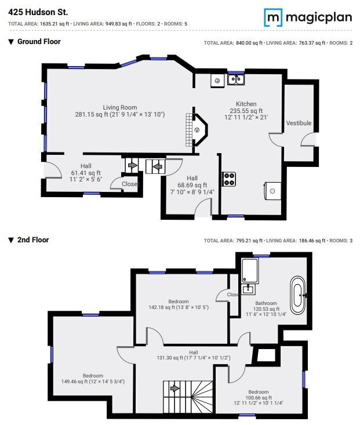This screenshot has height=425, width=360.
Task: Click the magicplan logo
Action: [x=308, y=17]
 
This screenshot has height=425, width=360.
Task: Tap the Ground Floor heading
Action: [x=39, y=42]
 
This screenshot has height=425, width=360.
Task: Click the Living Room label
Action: [x=119, y=107]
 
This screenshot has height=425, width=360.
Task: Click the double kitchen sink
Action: [x=236, y=79]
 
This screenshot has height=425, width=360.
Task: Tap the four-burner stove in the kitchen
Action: [x=229, y=179]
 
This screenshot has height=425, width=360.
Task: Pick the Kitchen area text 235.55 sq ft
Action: [x=246, y=111]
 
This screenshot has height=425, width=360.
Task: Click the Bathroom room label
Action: [x=266, y=303]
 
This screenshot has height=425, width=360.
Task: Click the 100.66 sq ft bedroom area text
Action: [x=259, y=398]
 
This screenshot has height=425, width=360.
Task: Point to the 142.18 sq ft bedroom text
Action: [x=178, y=308]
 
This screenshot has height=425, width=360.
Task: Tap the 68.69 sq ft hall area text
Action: [x=192, y=185]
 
